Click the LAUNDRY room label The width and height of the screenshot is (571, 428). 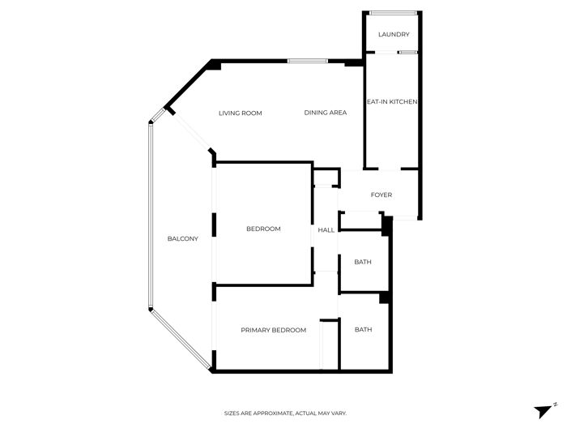tap(394, 34)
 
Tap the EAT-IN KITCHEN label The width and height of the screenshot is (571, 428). tap(392, 101)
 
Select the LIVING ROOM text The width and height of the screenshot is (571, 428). tap(241, 113)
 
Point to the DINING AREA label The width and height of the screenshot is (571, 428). tap(326, 113)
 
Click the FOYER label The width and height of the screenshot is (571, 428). tap(381, 195)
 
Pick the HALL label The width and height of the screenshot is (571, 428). tap(326, 229)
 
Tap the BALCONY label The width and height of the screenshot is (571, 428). tap(183, 238)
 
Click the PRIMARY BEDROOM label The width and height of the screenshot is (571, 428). tap(274, 330)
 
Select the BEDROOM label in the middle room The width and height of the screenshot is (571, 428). tap(263, 229)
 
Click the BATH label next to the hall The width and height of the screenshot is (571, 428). tap(363, 262)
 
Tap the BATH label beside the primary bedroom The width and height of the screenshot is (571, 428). tap(363, 329)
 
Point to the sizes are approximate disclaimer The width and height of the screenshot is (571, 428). tap(285, 413)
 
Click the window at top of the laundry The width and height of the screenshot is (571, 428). tap(393, 13)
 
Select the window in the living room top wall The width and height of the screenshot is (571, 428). tap(308, 61)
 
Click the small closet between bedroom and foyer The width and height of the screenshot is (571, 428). tap(326, 178)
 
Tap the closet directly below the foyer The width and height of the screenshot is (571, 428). tap(360, 220)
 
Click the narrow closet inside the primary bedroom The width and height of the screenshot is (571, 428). tap(329, 345)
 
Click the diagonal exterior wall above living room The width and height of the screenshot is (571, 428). tap(188, 84)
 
